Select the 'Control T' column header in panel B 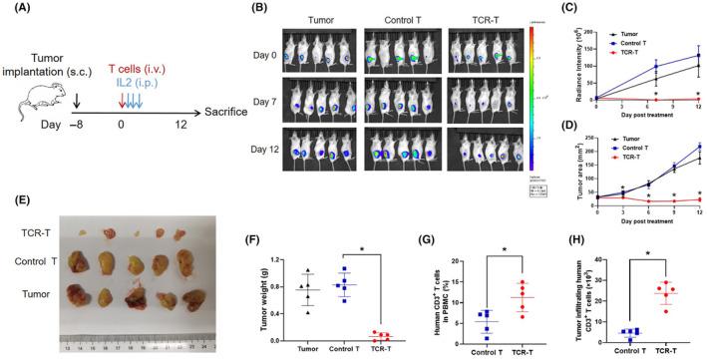(393, 21)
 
